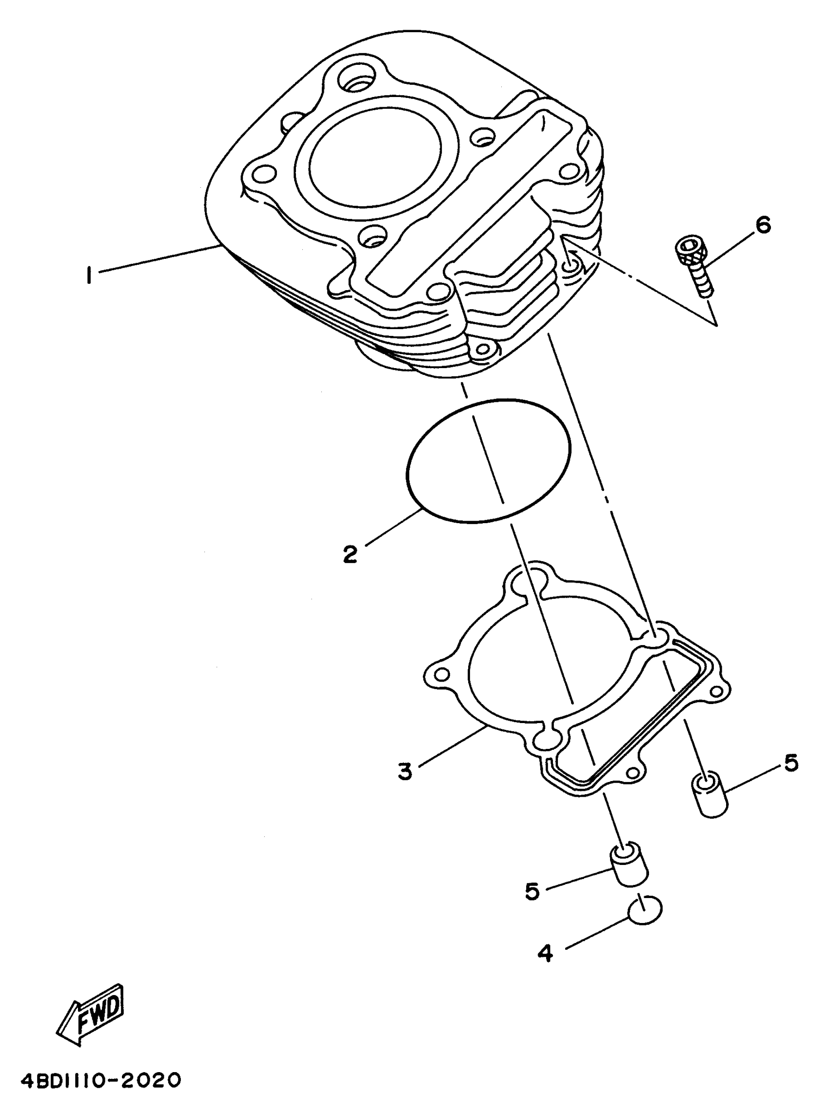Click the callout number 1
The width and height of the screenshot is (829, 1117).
pyautogui.click(x=89, y=275)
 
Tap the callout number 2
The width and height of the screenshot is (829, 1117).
pyautogui.click(x=350, y=554)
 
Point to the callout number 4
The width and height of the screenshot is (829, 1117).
pyautogui.click(x=546, y=952)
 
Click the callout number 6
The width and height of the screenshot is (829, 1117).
pyautogui.click(x=763, y=225)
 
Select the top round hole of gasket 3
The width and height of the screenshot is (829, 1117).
pyautogui.click(x=528, y=582)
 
